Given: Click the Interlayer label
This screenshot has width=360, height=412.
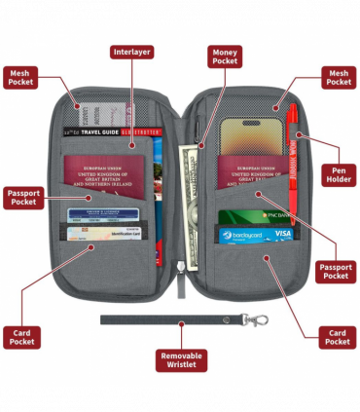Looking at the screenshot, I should (x=132, y=52).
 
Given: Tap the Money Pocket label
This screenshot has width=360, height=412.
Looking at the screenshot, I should (x=226, y=56).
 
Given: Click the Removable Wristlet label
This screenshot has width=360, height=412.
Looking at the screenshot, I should (x=180, y=361).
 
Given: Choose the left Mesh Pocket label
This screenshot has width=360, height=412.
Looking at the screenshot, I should (x=22, y=77).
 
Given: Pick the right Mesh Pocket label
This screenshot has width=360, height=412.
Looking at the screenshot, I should (x=338, y=77).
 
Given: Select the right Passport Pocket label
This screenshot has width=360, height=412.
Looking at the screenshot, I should (x=336, y=271).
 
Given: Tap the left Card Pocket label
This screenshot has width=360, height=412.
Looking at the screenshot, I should (x=22, y=336).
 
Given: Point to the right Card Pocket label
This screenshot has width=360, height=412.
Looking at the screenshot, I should (x=337, y=337).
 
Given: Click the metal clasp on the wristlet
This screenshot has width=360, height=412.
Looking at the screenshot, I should (x=256, y=319).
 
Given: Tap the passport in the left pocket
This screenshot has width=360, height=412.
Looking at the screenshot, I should (x=104, y=180).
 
